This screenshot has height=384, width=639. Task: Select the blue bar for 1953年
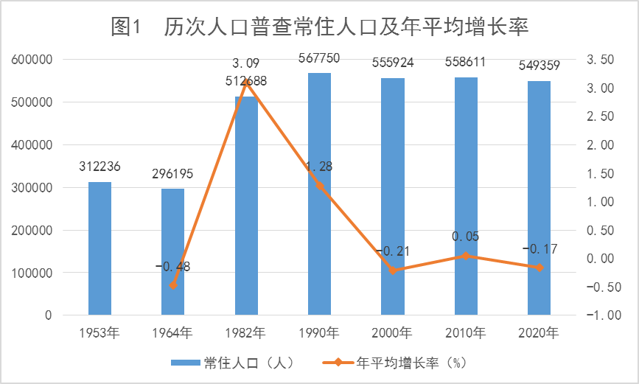tap(99, 248)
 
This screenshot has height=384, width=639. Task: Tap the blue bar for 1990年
tap(320, 194)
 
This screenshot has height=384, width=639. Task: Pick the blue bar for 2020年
tap(540, 198)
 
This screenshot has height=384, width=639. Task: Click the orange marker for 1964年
tap(173, 285)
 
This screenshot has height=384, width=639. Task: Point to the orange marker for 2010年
tap(466, 256)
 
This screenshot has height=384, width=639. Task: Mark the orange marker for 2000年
tap(393, 270)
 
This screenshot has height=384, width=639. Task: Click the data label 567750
tap(319, 58)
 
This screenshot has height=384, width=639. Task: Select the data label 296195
tap(172, 174)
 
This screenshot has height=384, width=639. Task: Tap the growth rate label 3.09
tap(245, 63)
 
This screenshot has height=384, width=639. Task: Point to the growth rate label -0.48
tap(172, 267)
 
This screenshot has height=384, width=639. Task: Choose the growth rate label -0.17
tap(540, 248)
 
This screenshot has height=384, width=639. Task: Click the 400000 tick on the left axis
tap(32, 144)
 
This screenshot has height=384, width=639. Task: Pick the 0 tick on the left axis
tap(49, 315)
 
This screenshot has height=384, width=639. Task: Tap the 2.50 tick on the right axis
tap(600, 116)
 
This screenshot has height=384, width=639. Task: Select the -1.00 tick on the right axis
tap(604, 315)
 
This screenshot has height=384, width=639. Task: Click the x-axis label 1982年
tap(245, 333)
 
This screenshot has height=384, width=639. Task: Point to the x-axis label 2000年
tap(392, 333)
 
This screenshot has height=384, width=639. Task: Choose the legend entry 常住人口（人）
tap(232, 363)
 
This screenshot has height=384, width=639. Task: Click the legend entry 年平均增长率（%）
tap(394, 363)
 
